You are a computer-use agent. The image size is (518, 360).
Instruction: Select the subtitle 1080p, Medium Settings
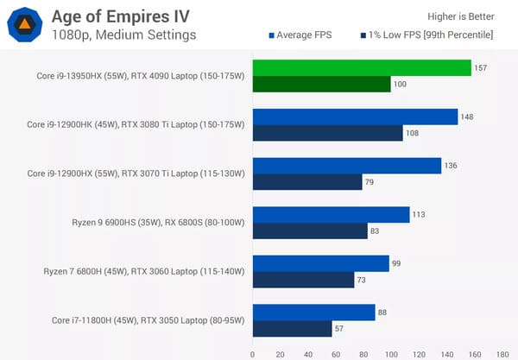point(123,35)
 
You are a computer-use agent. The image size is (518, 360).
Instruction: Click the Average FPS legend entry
point(307,35)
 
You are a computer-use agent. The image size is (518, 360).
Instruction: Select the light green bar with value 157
point(361,68)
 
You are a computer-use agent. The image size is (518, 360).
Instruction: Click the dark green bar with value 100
point(321,84)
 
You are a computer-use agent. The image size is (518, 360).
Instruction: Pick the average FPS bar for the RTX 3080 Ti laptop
point(355,117)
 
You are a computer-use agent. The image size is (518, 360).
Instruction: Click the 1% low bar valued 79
point(306,181)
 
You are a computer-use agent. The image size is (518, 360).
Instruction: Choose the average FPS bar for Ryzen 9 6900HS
point(331,214)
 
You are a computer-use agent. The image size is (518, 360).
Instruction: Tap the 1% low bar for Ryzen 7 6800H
point(303,280)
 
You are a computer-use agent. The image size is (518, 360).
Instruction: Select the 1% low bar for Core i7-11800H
point(292,328)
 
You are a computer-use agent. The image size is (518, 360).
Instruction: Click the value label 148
point(467,117)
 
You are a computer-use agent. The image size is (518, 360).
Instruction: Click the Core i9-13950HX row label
point(136,76)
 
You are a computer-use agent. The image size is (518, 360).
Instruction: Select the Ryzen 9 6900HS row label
point(159,223)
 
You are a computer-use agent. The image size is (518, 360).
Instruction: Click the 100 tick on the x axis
point(391,352)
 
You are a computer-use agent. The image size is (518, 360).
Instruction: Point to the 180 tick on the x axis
point(502,352)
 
